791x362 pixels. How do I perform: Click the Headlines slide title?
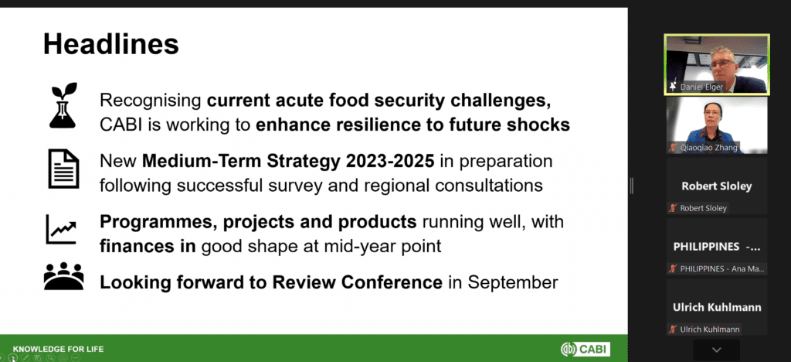[x=111, y=44]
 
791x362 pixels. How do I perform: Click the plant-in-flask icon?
[x=63, y=105]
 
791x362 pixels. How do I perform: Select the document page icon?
[x=63, y=169]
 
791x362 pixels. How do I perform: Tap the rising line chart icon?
[x=61, y=229]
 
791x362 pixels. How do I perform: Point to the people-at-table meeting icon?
[x=63, y=276]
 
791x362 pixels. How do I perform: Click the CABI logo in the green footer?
[x=586, y=349]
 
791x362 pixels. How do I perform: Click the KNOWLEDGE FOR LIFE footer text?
[x=59, y=349]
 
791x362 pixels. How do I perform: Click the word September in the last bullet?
[x=513, y=282]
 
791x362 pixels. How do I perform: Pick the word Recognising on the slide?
[x=151, y=101]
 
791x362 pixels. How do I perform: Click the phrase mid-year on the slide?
[x=366, y=246]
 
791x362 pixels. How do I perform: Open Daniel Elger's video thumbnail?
[x=717, y=65]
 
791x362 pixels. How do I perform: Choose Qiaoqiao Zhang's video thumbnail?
[x=717, y=125]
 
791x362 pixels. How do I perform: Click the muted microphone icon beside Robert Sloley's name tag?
[x=673, y=208]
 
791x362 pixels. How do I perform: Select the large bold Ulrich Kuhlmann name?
[x=717, y=307]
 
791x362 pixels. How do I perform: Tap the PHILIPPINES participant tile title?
[x=717, y=247]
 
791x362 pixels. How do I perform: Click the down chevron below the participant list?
[x=717, y=350]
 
